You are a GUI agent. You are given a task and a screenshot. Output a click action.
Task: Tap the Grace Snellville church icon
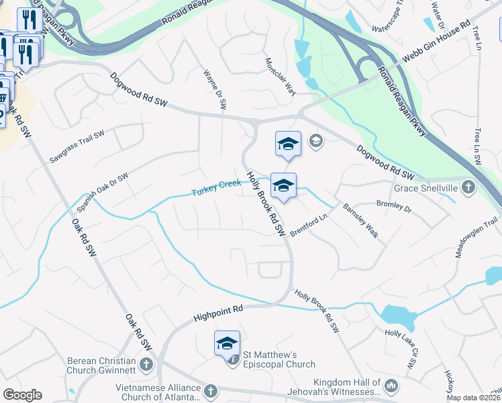pos(468,187)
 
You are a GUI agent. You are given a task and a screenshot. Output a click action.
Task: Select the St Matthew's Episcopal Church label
pos(279,359)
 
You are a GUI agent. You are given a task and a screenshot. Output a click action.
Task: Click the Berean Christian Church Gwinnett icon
pos(146,364)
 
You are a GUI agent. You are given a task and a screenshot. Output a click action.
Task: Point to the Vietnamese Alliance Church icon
pos(210,390)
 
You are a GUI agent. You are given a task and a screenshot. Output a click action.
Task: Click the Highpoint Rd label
pos(217,310)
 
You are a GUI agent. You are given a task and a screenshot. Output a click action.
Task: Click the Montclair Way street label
pos(281,76)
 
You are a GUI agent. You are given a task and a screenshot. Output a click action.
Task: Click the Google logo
pos(22,395)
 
